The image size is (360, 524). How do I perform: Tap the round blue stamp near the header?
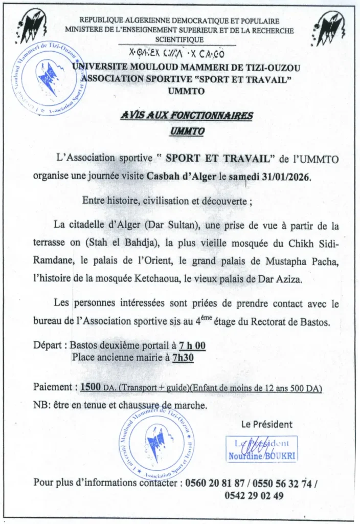pos(50,78)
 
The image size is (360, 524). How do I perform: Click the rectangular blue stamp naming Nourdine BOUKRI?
pos(262,450)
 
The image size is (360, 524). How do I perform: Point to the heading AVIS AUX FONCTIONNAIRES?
pos(187,116)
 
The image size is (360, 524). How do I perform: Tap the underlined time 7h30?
pos(183,358)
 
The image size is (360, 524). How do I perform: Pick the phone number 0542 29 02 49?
pos(254,495)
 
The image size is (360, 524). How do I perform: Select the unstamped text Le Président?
pos(267,424)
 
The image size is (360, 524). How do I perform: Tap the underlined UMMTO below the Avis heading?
pos(187,132)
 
